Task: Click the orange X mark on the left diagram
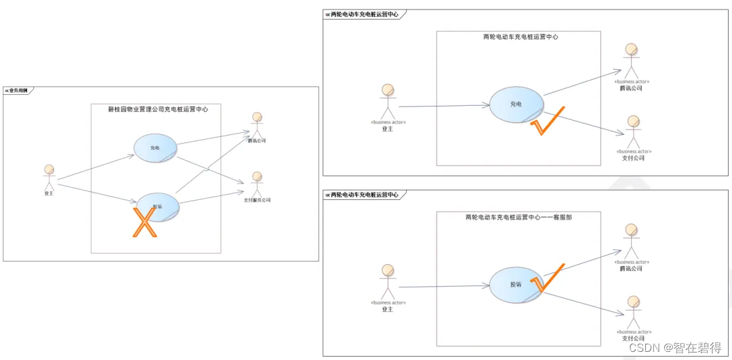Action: point(144,223)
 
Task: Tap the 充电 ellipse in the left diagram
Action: point(155,147)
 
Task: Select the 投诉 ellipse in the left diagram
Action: point(158,207)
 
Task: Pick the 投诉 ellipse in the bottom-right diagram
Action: point(516,285)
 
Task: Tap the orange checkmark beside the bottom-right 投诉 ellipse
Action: point(548,278)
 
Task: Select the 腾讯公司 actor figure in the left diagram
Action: point(257,125)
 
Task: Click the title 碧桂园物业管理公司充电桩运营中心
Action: point(158,109)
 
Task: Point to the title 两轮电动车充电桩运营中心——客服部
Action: point(518,218)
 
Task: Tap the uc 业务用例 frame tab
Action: point(17,90)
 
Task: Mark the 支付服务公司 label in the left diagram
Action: point(257,200)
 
